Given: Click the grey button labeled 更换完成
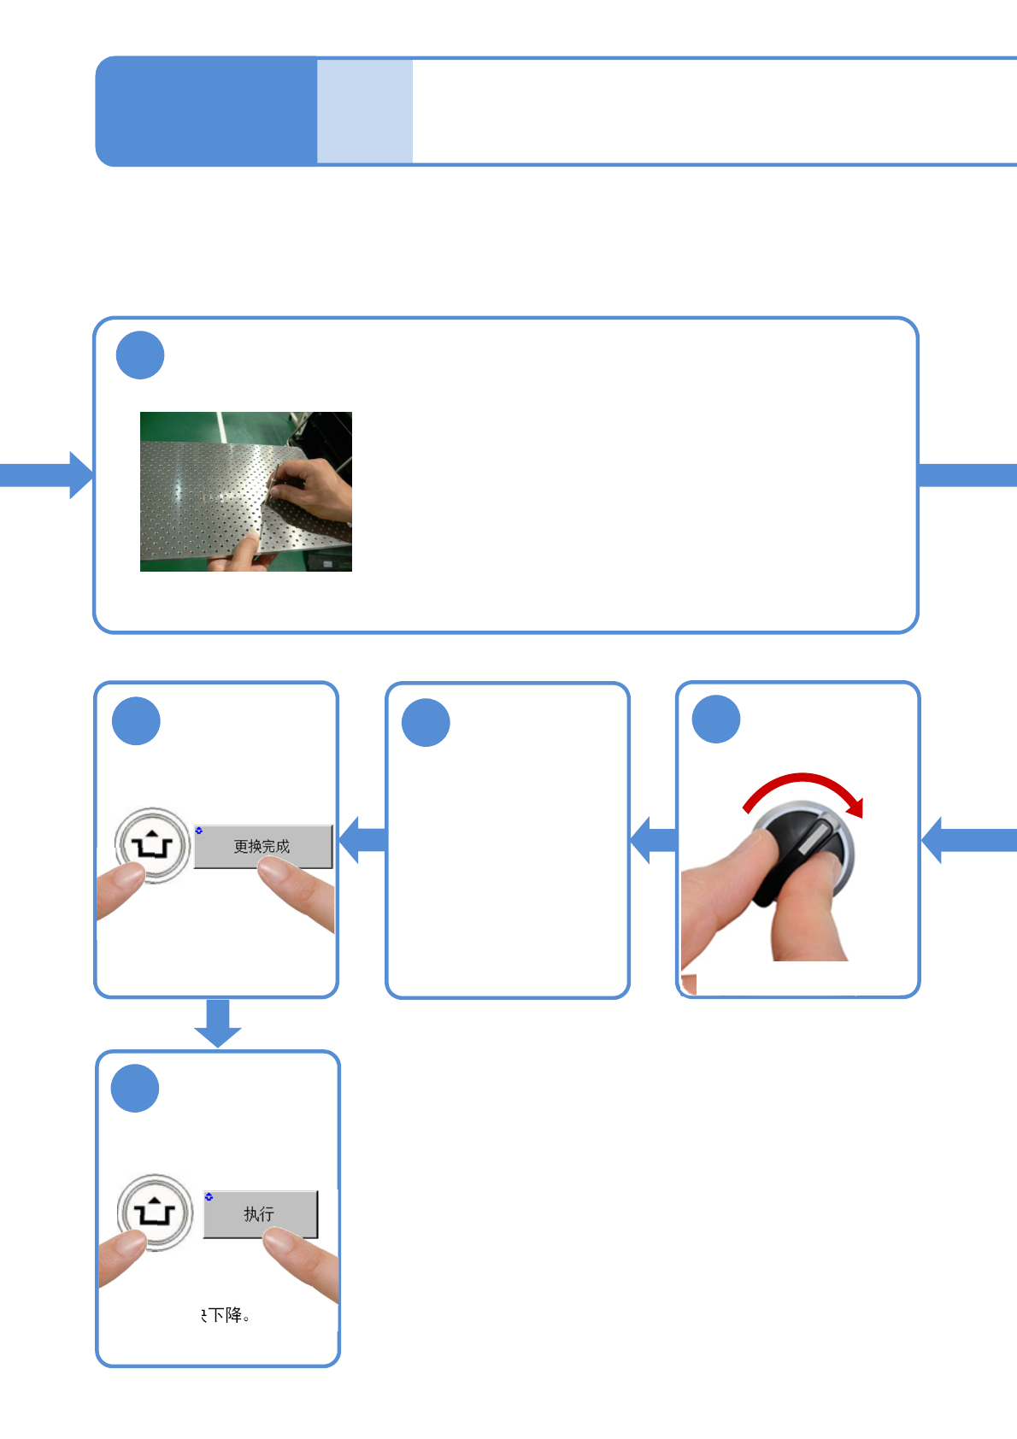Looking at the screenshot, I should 262,847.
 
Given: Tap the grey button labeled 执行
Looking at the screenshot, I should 260,1214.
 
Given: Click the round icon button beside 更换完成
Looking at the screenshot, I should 152,845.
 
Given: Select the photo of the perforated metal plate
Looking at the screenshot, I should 246,491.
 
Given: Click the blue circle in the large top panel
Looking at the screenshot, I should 140,355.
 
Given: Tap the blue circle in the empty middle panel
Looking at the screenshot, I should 426,723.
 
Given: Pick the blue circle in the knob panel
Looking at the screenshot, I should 716,719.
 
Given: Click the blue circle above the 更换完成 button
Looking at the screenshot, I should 136,721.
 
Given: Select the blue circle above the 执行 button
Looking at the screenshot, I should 135,1089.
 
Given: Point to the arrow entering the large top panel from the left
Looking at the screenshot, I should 47,475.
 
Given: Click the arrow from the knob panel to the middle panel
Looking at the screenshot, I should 654,840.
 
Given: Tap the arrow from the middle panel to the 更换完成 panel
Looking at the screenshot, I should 363,840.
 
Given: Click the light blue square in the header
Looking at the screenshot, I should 365,111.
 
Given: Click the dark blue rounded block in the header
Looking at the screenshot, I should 206,111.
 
